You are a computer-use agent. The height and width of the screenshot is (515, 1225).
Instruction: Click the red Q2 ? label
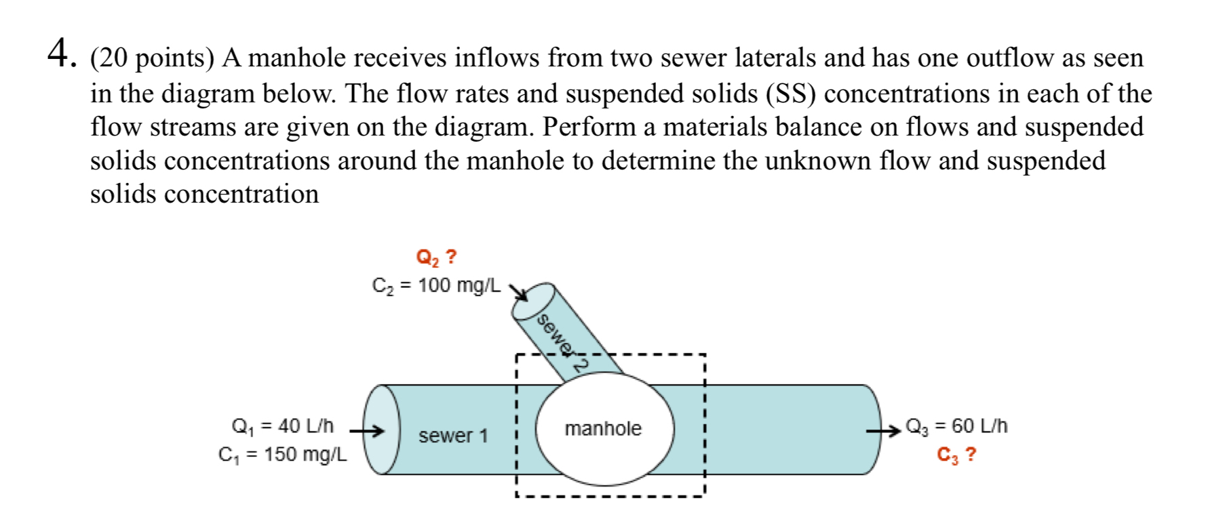click(x=436, y=258)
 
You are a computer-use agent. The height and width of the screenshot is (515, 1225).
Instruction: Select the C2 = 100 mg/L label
click(x=435, y=286)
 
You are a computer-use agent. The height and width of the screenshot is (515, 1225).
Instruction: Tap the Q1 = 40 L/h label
click(x=283, y=426)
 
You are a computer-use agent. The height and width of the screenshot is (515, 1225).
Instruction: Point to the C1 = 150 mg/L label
click(x=282, y=455)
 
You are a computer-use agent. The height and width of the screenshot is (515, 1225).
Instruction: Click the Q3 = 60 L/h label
click(x=956, y=426)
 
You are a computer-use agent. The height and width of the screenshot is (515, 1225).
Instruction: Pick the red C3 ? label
click(x=956, y=455)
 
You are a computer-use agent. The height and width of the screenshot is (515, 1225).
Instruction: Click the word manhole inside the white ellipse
click(x=602, y=428)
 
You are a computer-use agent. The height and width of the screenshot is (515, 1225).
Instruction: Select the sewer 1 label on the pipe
click(x=453, y=436)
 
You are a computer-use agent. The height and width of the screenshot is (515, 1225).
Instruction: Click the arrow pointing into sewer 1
click(x=366, y=430)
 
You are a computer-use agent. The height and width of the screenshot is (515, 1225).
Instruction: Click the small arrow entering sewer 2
click(x=518, y=291)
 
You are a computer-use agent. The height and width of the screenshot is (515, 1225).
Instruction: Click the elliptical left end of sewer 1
click(x=381, y=430)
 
